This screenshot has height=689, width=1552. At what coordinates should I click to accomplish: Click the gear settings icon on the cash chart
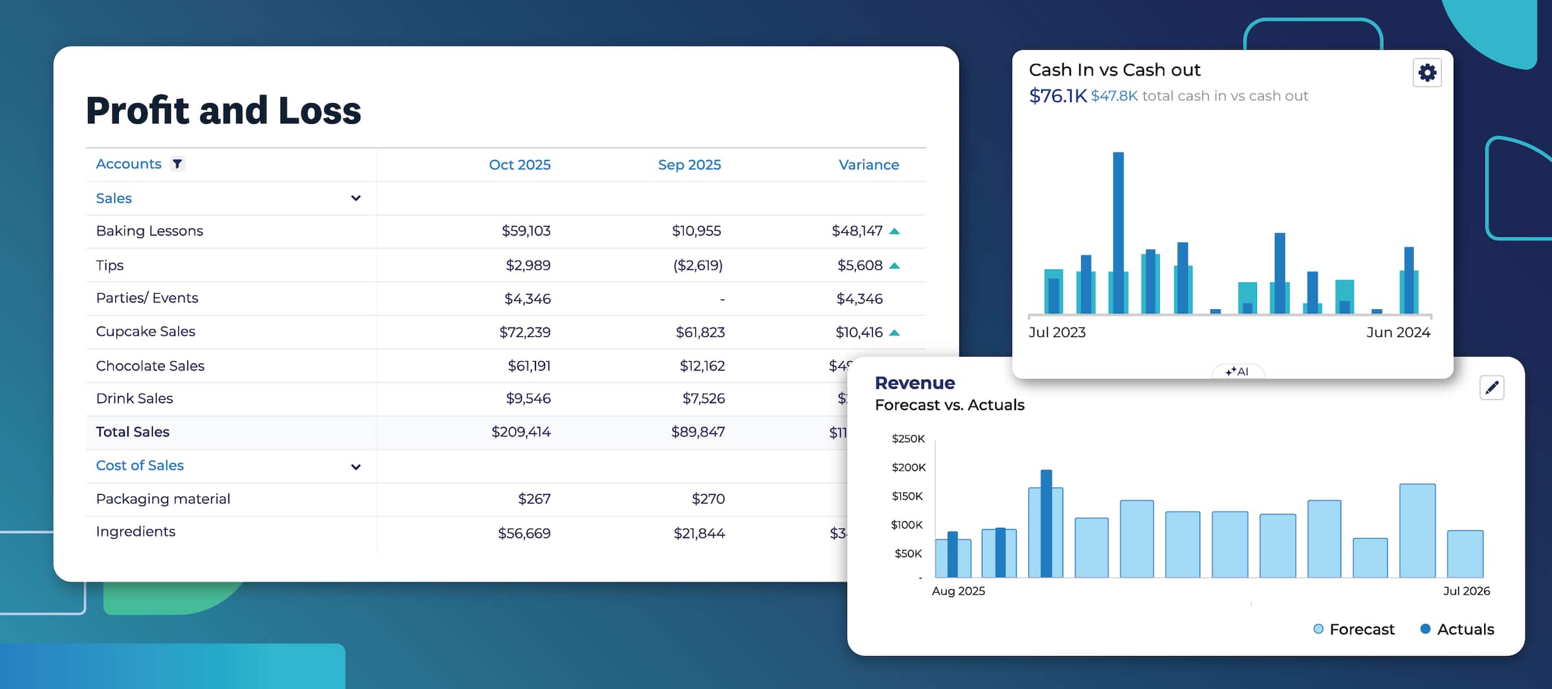tap(1427, 72)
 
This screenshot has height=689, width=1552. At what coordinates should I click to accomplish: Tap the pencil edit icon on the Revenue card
tap(1491, 388)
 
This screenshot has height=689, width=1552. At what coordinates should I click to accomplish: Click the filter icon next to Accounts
tap(177, 164)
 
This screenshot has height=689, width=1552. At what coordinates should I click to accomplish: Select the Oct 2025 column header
tap(519, 165)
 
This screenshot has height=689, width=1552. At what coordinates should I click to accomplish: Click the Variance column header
tap(868, 165)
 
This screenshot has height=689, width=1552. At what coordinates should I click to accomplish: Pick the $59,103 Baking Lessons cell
tap(526, 231)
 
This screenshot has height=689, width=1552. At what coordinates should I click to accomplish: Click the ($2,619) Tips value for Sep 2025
tap(697, 265)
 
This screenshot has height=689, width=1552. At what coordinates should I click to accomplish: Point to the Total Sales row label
tap(133, 432)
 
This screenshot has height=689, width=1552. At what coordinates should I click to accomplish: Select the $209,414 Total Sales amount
tap(521, 432)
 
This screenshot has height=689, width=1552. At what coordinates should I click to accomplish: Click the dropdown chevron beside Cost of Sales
tap(356, 466)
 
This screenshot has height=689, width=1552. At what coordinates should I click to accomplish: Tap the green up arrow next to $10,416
tap(894, 333)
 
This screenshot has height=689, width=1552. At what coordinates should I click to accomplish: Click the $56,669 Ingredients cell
tap(524, 534)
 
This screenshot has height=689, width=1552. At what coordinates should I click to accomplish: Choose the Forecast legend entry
tap(1354, 629)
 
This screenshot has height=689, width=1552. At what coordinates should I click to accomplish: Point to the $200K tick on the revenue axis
tap(909, 467)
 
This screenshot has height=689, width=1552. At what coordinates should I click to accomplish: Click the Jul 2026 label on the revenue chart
tap(1466, 591)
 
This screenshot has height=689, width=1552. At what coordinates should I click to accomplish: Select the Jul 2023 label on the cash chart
tap(1057, 333)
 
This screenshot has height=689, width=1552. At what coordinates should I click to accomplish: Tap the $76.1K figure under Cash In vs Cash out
tap(1057, 96)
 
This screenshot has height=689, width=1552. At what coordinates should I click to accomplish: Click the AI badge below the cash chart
tap(1237, 371)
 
